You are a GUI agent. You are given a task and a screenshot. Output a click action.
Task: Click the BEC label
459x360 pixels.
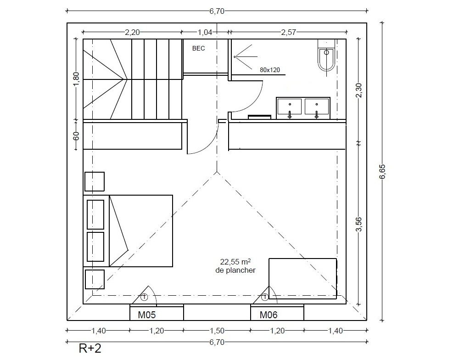tap(198, 48)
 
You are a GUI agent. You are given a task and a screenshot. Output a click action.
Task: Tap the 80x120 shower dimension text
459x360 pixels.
tap(269, 70)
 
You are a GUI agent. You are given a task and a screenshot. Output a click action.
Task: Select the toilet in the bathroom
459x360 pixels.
tap(326, 56)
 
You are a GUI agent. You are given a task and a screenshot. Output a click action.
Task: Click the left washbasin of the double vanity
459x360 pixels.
tap(290, 107)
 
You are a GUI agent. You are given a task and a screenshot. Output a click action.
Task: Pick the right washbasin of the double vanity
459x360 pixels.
tap(316, 107)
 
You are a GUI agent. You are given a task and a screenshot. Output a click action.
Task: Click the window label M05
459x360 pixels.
tap(147, 315)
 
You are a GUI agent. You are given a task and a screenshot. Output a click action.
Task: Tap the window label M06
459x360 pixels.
tap(269, 315)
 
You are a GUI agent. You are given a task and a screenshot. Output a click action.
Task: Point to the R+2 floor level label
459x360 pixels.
tap(90, 348)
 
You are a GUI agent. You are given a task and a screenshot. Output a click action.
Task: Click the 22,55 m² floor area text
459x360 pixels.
tap(235, 261)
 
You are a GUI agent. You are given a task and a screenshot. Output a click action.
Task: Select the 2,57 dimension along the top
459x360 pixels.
tap(289, 32)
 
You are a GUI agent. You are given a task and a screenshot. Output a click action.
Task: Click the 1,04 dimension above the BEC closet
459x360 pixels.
tap(205, 32)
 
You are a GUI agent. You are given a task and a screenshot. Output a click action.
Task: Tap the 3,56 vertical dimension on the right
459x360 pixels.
tap(359, 224)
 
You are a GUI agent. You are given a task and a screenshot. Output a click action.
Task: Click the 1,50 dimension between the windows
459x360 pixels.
tap(217, 331)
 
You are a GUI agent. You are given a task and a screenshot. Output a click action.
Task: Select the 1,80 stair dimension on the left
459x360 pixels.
tap(76, 79)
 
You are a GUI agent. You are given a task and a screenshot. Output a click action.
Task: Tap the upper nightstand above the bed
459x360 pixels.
tap(95, 182)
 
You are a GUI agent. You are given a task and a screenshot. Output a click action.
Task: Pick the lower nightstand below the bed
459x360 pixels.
tap(95, 280)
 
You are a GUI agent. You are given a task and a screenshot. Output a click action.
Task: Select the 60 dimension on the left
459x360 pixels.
tap(76, 136)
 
